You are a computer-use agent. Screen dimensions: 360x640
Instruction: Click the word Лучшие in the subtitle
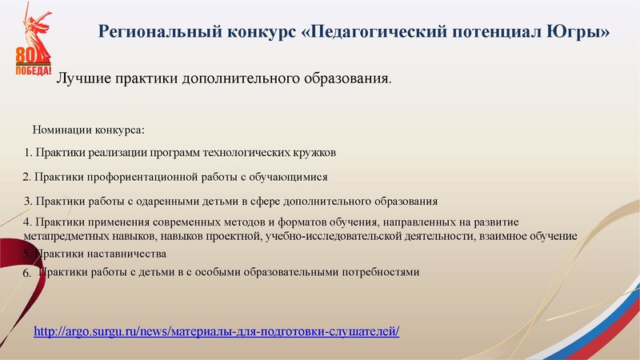(x=81, y=80)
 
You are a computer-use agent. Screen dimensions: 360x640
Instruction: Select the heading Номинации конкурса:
(x=88, y=129)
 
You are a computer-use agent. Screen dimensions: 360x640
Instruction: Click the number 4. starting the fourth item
(x=29, y=222)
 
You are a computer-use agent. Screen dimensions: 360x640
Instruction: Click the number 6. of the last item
(x=26, y=273)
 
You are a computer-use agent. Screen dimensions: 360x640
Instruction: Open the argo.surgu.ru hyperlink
(x=216, y=331)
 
